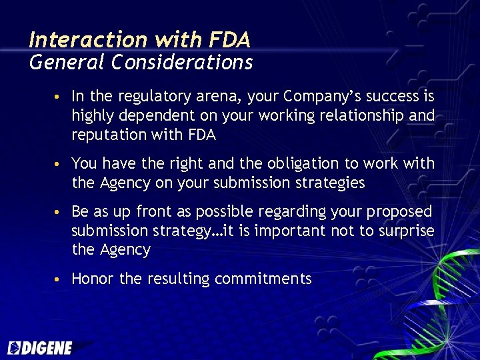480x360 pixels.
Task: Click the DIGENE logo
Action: coord(39,347)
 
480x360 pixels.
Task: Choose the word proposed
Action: coord(399,211)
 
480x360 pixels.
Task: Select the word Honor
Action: coord(92,279)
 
